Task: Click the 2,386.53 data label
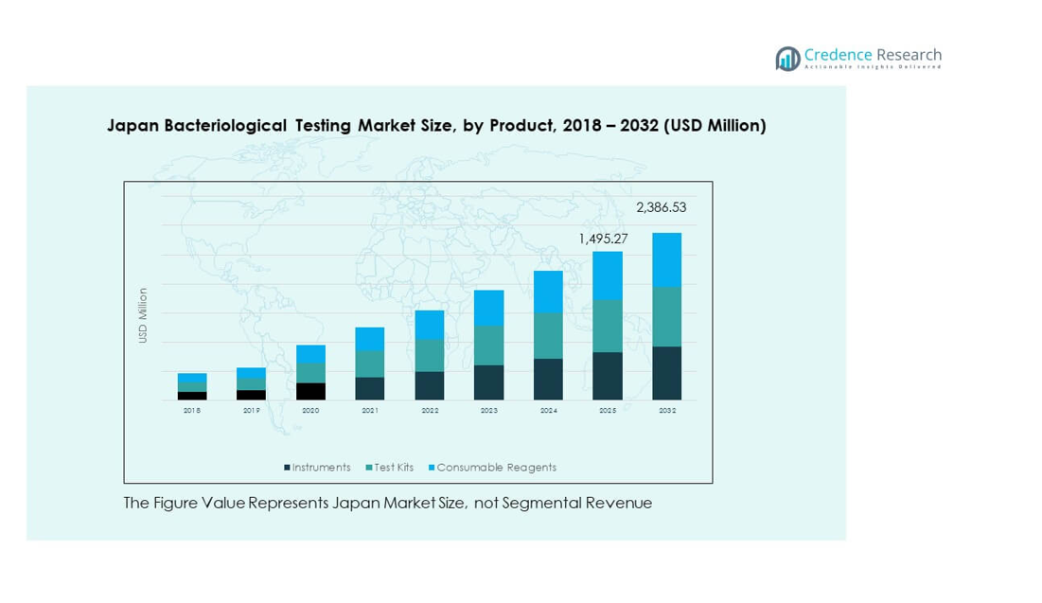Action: tap(661, 207)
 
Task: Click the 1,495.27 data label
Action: tap(603, 239)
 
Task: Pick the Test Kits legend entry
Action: tap(391, 468)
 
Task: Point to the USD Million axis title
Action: tap(144, 315)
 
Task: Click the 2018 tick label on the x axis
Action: tap(192, 411)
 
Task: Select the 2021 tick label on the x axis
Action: tap(370, 411)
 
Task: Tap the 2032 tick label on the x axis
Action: tap(667, 411)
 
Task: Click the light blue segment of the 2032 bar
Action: tap(667, 259)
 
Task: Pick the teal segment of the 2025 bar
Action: tap(608, 326)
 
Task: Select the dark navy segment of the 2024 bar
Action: tap(548, 379)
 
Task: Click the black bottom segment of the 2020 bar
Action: tap(310, 391)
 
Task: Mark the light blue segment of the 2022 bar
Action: tap(430, 325)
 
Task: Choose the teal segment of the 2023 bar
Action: tap(488, 346)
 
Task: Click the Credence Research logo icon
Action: tap(787, 59)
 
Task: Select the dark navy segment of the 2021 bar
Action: tap(370, 388)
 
